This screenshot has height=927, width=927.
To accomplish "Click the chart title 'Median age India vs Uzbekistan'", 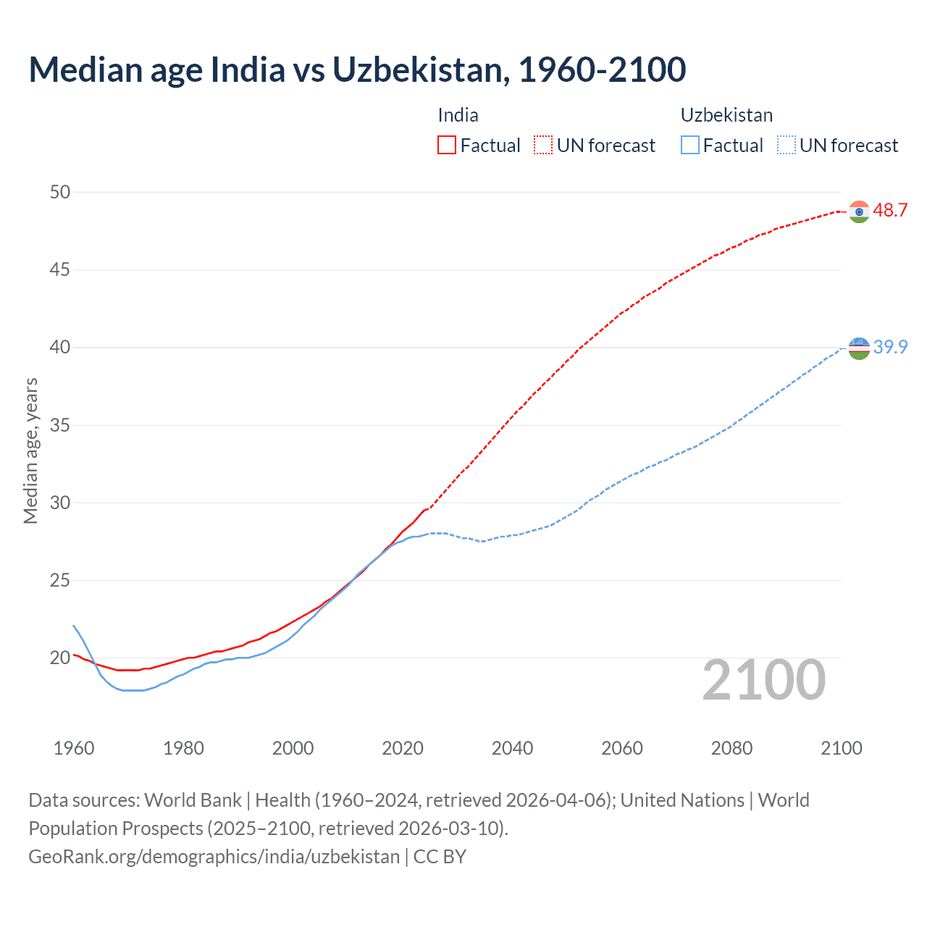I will (x=357, y=70).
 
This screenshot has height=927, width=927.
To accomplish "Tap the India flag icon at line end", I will (x=859, y=211).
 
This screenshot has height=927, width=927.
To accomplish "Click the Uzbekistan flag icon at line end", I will (x=859, y=348).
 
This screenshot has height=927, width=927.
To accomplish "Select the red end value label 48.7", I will (x=890, y=211).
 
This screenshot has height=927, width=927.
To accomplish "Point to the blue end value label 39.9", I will (x=890, y=348).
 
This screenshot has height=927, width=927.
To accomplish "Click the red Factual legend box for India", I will (x=447, y=146).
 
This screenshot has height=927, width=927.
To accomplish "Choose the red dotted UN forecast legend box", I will (x=543, y=146).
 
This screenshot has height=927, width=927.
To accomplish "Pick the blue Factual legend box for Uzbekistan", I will (x=690, y=146).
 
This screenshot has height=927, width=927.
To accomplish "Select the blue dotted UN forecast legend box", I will (x=786, y=146).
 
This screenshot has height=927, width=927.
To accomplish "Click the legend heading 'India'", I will (x=458, y=115).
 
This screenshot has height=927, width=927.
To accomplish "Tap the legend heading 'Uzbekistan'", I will (x=726, y=115).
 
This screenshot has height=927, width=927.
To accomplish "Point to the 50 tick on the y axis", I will (x=60, y=192).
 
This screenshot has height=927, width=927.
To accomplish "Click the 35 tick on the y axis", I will (x=60, y=425).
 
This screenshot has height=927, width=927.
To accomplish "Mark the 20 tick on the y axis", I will (x=60, y=658).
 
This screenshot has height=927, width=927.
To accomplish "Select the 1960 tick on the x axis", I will (x=74, y=748).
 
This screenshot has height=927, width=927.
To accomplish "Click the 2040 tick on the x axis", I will (x=512, y=748).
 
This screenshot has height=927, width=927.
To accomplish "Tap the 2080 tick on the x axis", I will (x=731, y=748).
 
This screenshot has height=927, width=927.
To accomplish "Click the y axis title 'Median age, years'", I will (x=30, y=450).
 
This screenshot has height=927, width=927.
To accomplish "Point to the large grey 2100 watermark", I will (x=764, y=680).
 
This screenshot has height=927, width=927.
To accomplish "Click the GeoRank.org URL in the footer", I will (x=214, y=857).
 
